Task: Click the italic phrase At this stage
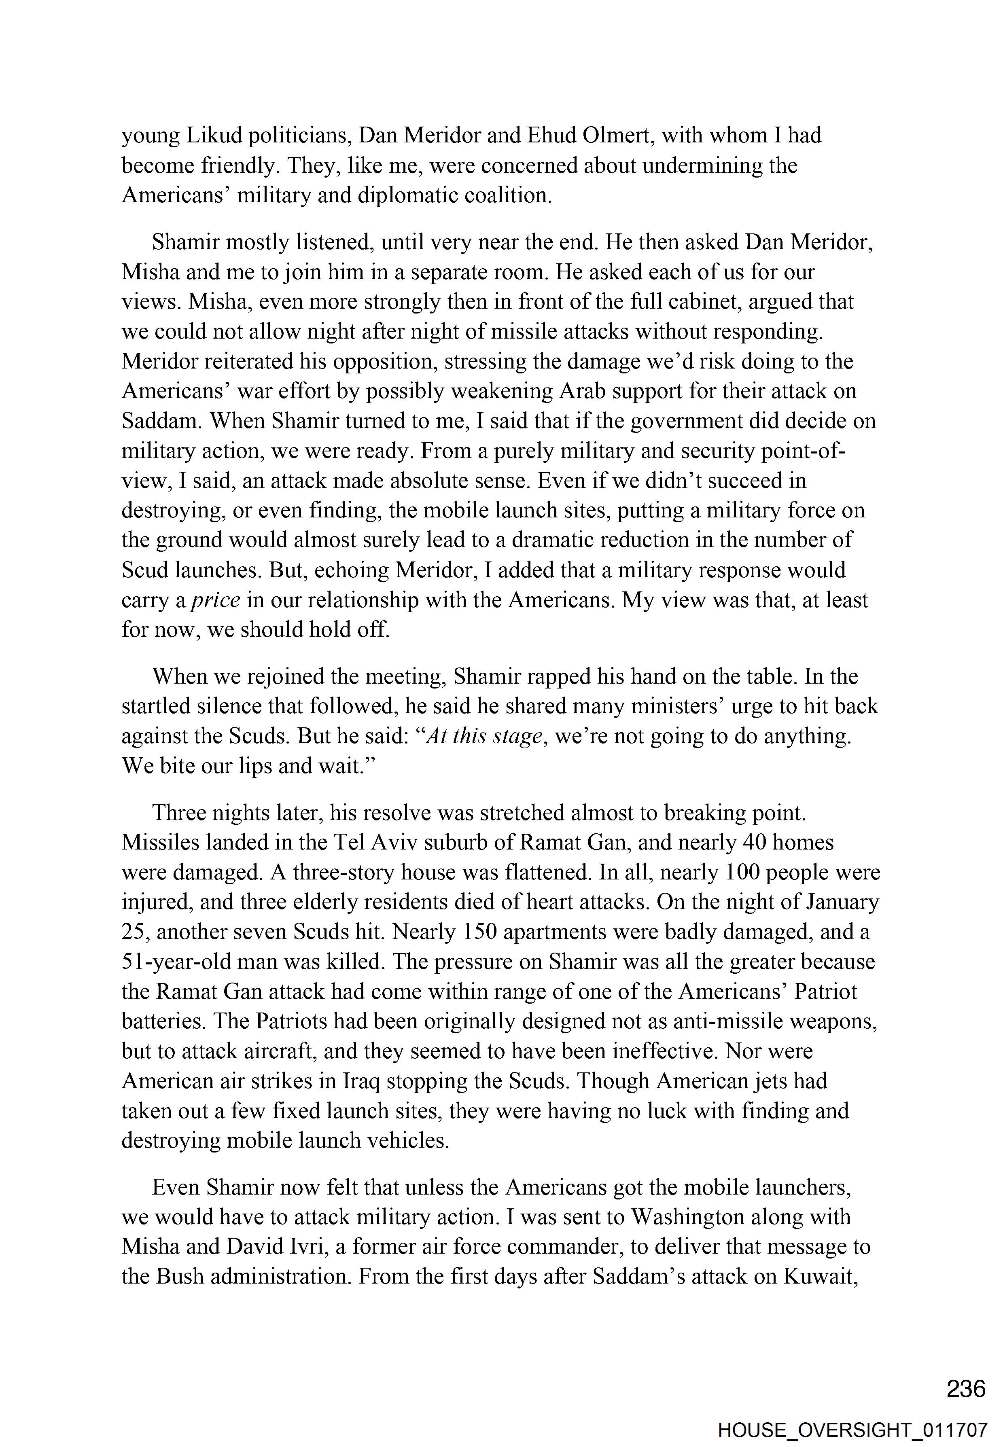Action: [483, 736]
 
